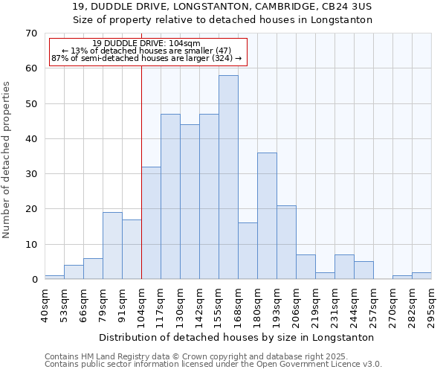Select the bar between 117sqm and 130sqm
(170, 196)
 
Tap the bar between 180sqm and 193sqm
(267, 216)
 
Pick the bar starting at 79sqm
(112, 246)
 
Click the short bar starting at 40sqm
(54, 277)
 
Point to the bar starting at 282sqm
(421, 275)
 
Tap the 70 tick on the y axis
(30, 33)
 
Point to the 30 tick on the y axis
(30, 174)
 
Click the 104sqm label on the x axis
(141, 304)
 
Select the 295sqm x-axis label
(431, 304)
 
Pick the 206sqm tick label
(296, 304)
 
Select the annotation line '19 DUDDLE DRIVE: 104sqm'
(147, 43)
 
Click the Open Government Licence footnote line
(213, 364)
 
